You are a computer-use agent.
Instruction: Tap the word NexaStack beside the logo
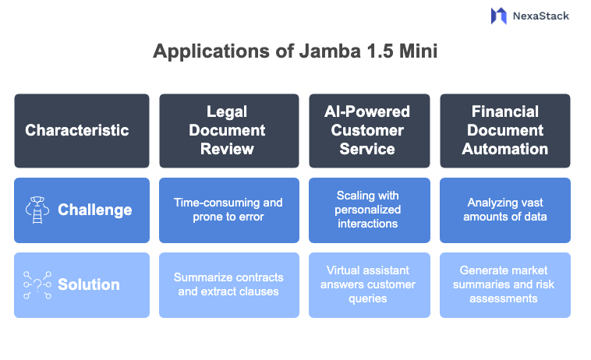(x=541, y=16)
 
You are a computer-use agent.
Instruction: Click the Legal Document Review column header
(x=228, y=130)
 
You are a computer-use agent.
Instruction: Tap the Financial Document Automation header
(x=504, y=130)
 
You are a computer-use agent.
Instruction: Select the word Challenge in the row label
(x=94, y=210)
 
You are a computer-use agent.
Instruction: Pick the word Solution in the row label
(x=89, y=284)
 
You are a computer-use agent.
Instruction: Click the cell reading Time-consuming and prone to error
(x=228, y=210)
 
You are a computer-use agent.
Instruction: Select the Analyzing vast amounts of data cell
(x=504, y=210)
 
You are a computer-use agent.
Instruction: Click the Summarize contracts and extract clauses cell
(x=228, y=284)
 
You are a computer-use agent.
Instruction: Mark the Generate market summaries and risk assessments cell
(x=504, y=284)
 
